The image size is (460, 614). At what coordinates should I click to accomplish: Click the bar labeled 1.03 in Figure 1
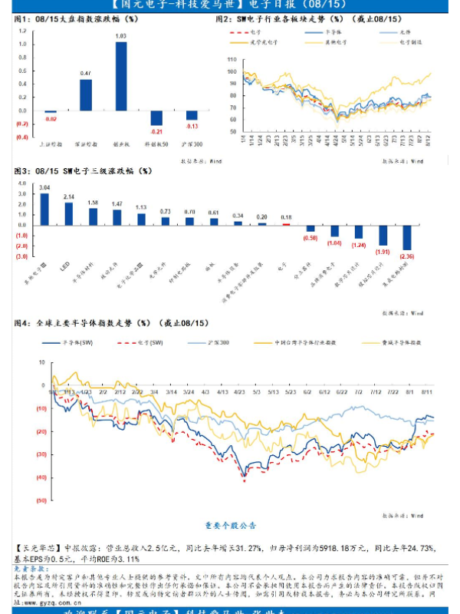coord(121,76)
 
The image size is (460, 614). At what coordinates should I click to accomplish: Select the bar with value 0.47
coord(86,94)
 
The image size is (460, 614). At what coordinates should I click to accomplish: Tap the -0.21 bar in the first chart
coord(156,117)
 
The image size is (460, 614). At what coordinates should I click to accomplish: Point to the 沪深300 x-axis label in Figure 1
coord(192,143)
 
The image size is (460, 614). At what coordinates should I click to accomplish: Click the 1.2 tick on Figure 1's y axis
coord(21,31)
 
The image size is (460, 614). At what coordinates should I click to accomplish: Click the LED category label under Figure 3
coord(66,265)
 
